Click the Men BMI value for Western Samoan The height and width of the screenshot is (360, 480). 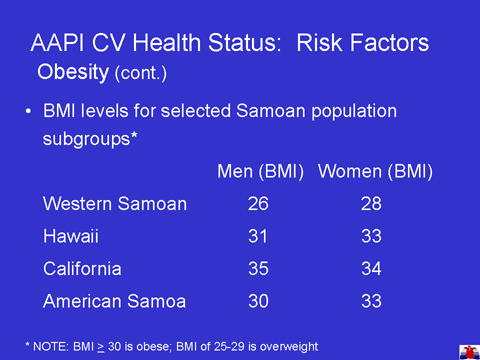[x=258, y=204]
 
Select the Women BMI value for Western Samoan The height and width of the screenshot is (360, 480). [x=371, y=204]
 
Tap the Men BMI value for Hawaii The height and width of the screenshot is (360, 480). [x=258, y=236]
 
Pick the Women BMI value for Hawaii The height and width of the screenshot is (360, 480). [x=371, y=236]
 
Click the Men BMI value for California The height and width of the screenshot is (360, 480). [x=258, y=268]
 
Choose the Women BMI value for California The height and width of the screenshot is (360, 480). [x=371, y=268]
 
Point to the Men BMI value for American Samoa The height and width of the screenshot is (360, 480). [x=258, y=301]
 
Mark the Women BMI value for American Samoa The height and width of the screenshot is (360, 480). [x=371, y=301]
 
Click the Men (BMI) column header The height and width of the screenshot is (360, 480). [x=260, y=172]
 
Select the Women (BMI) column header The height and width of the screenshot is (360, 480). [x=375, y=172]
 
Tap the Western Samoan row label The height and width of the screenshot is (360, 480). [x=115, y=204]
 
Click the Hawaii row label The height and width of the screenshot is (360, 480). [x=71, y=236]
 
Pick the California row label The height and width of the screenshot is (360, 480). [x=82, y=268]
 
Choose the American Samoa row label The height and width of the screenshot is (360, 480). [x=115, y=301]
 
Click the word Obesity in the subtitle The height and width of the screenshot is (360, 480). [x=73, y=72]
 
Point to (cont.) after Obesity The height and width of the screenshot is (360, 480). [x=141, y=73]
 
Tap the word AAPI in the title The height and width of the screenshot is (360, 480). [x=57, y=43]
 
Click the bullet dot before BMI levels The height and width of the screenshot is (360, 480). [x=29, y=111]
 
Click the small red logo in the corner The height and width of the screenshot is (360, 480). [x=470, y=352]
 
